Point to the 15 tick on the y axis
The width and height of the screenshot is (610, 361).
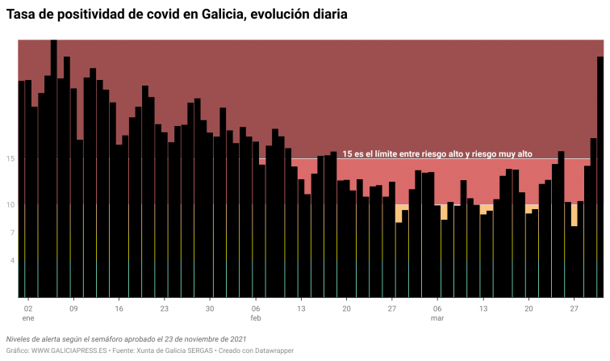[10, 159]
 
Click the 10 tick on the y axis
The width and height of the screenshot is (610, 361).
[10, 205]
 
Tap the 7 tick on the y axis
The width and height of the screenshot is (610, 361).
[12, 233]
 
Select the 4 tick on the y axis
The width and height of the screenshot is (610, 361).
[12, 261]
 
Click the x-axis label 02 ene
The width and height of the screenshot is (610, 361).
[28, 313]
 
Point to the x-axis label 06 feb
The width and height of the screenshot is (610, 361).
[256, 313]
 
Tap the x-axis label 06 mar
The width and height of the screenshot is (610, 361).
[437, 313]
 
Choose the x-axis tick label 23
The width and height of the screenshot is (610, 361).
[165, 309]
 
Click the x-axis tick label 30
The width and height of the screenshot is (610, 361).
[210, 309]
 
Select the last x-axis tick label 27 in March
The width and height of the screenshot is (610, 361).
[574, 309]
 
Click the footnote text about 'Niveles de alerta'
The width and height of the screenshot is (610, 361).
[126, 339]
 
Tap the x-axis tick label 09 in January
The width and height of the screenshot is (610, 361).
[73, 309]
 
